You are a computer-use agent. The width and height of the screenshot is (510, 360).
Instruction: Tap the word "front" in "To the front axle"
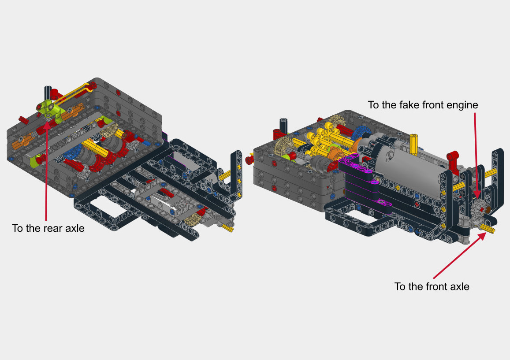432,286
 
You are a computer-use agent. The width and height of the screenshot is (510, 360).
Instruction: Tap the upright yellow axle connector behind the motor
413,142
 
